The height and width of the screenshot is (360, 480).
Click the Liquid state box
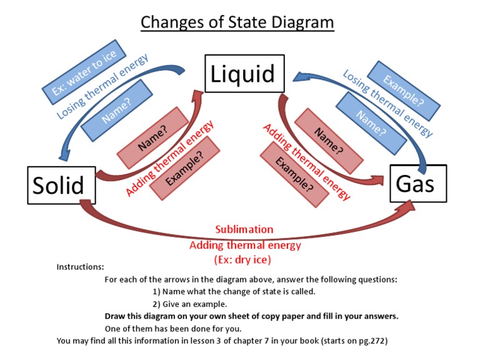[x=243, y=74]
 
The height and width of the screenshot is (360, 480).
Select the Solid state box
[x=58, y=186]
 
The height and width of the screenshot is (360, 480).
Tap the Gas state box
[x=414, y=183]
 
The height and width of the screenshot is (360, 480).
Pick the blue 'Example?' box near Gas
[x=403, y=91]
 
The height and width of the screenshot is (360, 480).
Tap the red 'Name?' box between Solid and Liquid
[x=152, y=137]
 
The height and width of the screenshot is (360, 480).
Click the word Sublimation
[x=244, y=229]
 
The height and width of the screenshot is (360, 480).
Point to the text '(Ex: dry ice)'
[x=244, y=259]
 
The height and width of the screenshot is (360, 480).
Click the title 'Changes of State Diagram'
[x=237, y=22]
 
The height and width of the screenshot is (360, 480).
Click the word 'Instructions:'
[x=80, y=267]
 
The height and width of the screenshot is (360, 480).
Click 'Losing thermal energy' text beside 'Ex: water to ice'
[x=102, y=87]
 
